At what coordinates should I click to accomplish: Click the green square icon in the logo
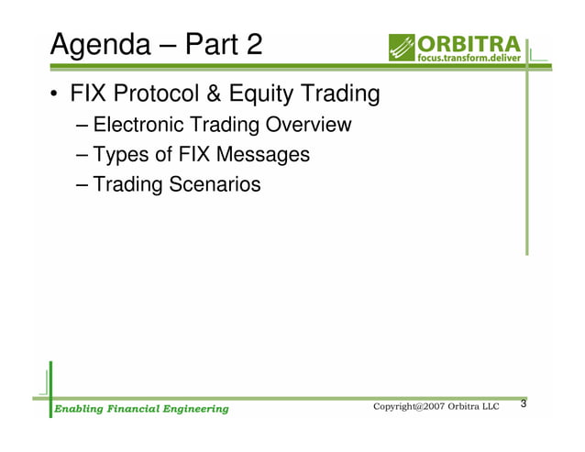tap(402, 48)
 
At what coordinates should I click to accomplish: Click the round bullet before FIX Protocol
tap(56, 95)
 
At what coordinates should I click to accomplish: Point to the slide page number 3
tap(524, 404)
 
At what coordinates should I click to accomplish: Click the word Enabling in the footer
tap(77, 408)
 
